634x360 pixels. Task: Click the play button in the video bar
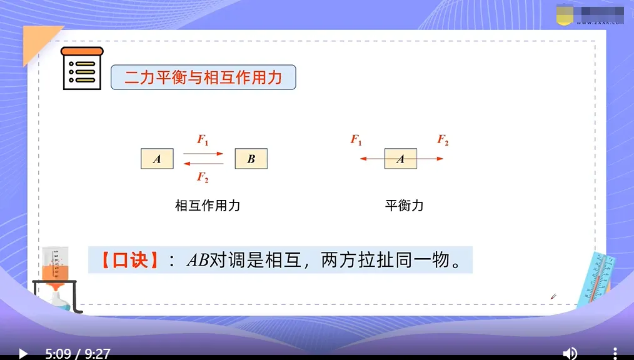[23, 354]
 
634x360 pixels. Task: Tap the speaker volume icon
[570, 354]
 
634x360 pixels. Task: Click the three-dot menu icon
[615, 354]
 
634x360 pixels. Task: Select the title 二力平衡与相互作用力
[203, 78]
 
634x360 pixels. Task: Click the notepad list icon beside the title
[83, 69]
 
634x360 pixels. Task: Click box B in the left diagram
[251, 159]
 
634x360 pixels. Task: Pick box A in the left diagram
[157, 159]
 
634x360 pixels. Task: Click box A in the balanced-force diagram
[400, 159]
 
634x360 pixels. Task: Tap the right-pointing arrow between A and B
[203, 153]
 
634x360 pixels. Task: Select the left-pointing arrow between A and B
[203, 164]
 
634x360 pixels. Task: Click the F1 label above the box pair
[203, 139]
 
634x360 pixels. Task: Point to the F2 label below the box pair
[203, 177]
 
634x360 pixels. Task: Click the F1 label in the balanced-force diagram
[356, 140]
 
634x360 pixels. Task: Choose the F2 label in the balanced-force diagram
[443, 140]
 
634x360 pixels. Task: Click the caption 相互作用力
[208, 206]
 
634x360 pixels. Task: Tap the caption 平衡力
[404, 206]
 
